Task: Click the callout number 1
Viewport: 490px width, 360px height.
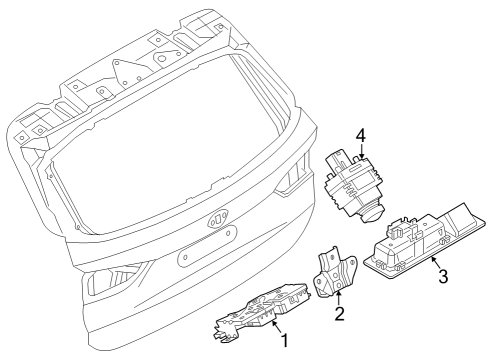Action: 285,342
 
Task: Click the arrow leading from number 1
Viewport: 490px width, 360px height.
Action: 274,327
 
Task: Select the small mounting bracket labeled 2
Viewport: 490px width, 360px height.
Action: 333,273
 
